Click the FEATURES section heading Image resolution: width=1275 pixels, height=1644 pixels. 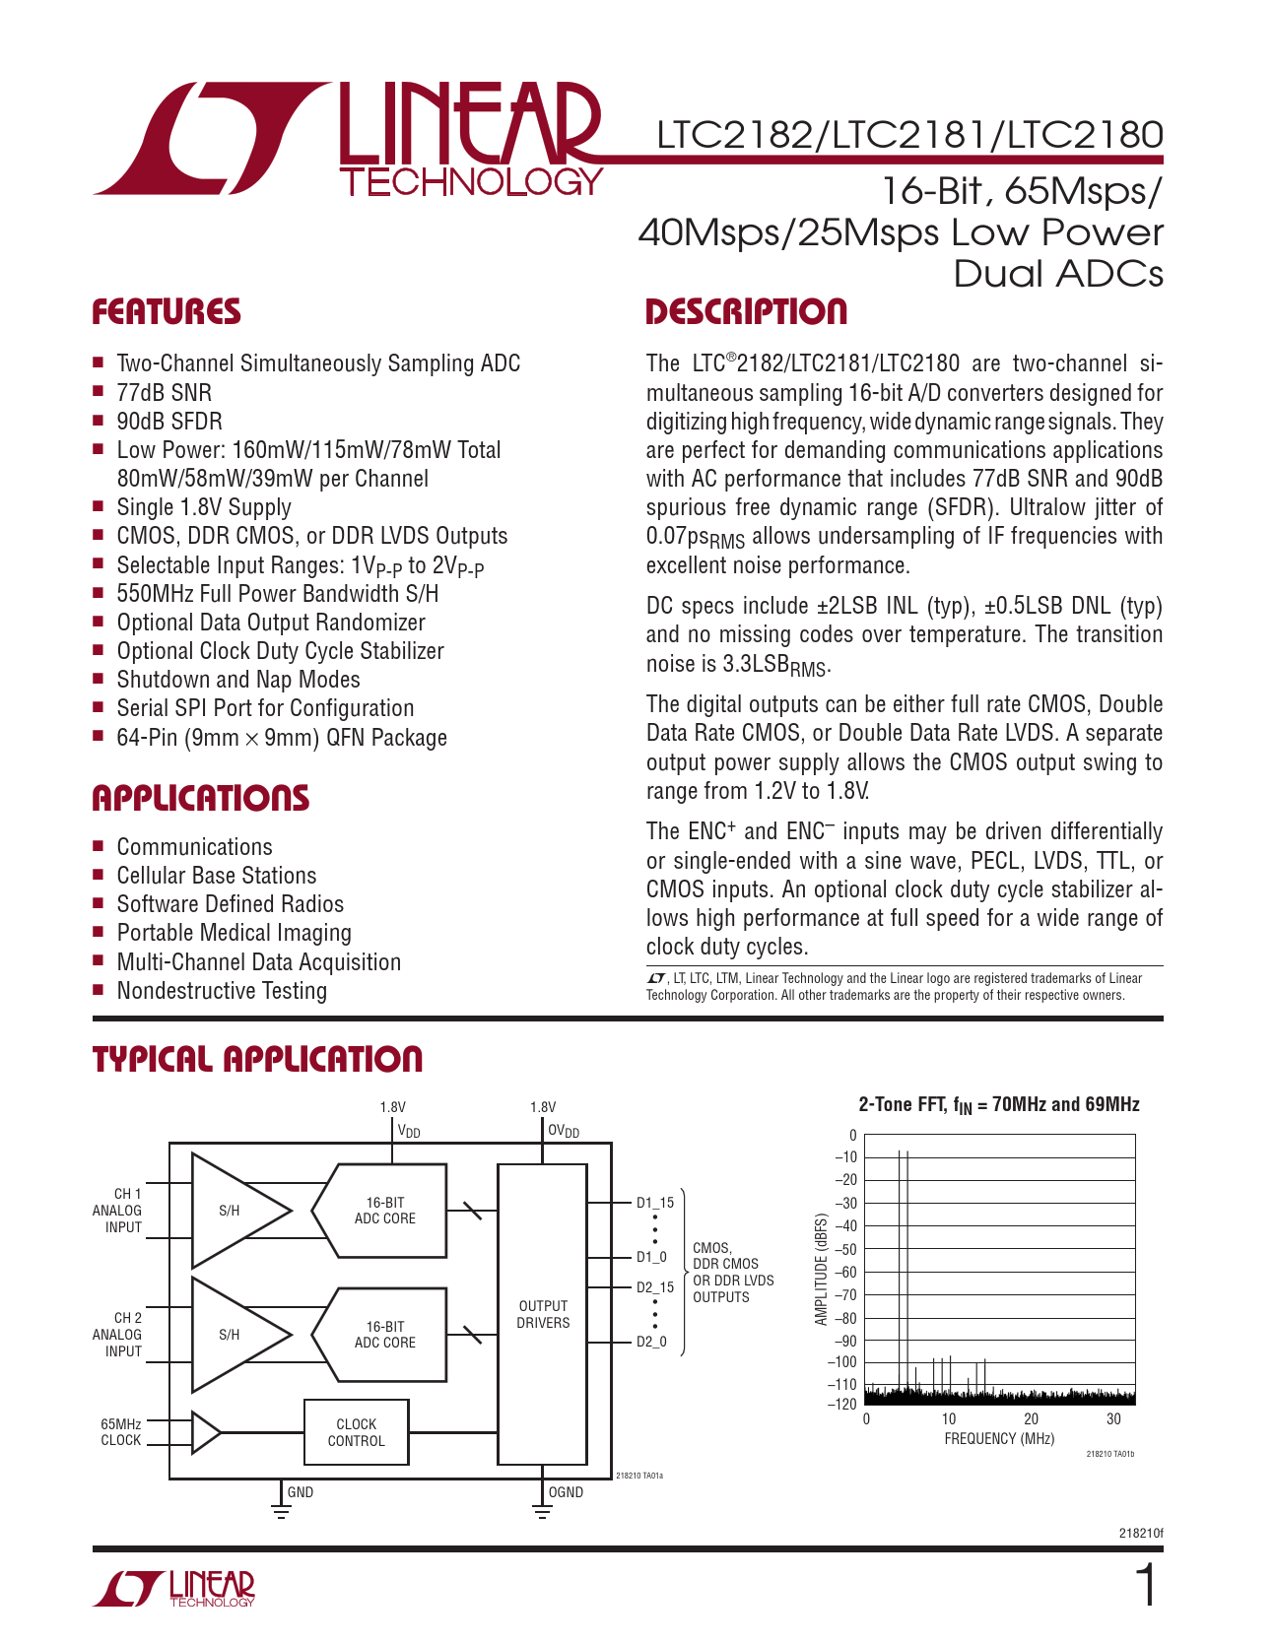tap(167, 312)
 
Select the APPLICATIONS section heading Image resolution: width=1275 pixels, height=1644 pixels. tap(201, 798)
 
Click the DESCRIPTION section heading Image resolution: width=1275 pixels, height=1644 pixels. tap(746, 312)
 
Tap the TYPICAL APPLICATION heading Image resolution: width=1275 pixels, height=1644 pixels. tap(257, 1060)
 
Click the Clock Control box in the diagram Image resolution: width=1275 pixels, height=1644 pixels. tap(356, 1432)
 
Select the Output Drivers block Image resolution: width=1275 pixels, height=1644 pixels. tap(543, 1314)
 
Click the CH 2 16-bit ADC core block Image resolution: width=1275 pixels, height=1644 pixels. tap(384, 1335)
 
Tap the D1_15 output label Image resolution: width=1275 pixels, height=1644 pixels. tap(655, 1203)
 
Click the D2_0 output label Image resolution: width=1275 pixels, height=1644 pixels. tap(651, 1342)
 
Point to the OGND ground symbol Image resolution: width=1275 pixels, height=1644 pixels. tap(542, 1510)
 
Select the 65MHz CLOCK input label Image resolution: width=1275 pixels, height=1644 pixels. tap(121, 1432)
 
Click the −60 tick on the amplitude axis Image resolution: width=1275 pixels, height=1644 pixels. tap(844, 1272)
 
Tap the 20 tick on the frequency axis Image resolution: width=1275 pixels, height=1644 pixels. tap(1031, 1419)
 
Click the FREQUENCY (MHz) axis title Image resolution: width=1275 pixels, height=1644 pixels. tap(999, 1439)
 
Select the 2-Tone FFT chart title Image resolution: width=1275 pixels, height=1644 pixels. tap(999, 1105)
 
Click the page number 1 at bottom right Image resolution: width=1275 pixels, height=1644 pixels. tap(1146, 1587)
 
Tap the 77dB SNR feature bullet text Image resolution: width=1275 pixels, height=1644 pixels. tap(165, 393)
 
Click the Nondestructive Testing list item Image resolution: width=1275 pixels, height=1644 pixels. tap(222, 991)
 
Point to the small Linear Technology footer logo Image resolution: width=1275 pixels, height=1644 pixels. tap(175, 1588)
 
